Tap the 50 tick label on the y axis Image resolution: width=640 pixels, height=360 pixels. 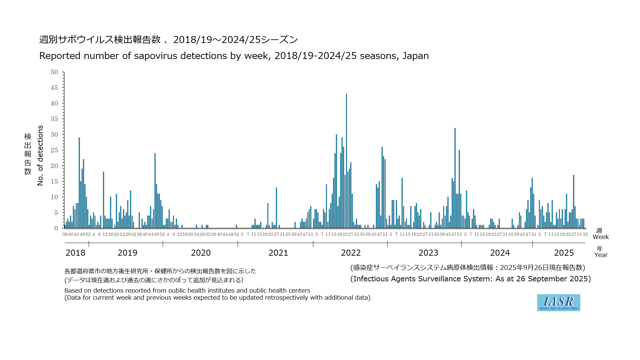click(x=54, y=72)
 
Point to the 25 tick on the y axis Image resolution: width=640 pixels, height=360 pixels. click(x=54, y=150)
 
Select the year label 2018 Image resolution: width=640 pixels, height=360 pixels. click(x=75, y=253)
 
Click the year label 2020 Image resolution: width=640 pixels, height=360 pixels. click(x=201, y=253)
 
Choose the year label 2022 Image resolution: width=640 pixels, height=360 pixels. click(x=351, y=253)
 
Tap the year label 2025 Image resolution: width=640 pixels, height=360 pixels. click(x=564, y=253)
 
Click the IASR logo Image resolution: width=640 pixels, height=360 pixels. click(x=558, y=303)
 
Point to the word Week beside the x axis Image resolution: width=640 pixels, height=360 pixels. click(x=601, y=237)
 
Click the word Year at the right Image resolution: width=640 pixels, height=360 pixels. click(x=601, y=255)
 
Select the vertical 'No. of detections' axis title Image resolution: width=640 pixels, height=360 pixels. click(x=40, y=155)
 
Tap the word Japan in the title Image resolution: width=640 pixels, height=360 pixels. click(x=415, y=56)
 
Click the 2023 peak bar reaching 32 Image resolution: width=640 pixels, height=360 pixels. click(x=455, y=178)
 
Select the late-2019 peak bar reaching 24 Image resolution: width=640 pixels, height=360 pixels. click(x=155, y=191)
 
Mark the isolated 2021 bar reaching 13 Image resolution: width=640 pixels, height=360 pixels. click(x=276, y=208)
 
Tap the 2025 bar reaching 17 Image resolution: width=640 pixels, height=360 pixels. click(x=574, y=202)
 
